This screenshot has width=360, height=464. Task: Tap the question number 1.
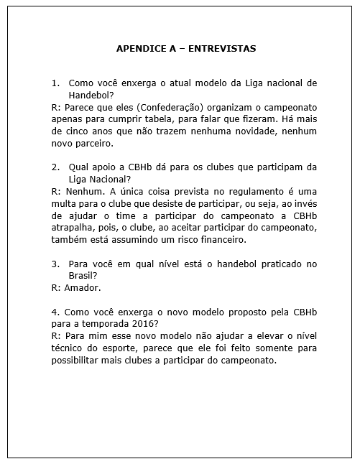pyautogui.click(x=55, y=83)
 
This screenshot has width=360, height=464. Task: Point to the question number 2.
pyautogui.click(x=55, y=167)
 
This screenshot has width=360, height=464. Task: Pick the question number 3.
pyautogui.click(x=55, y=264)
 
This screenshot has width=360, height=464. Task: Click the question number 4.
pyautogui.click(x=55, y=312)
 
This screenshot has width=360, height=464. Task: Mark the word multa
pyautogui.click(x=67, y=204)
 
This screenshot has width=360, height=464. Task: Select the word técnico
pyautogui.click(x=68, y=348)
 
